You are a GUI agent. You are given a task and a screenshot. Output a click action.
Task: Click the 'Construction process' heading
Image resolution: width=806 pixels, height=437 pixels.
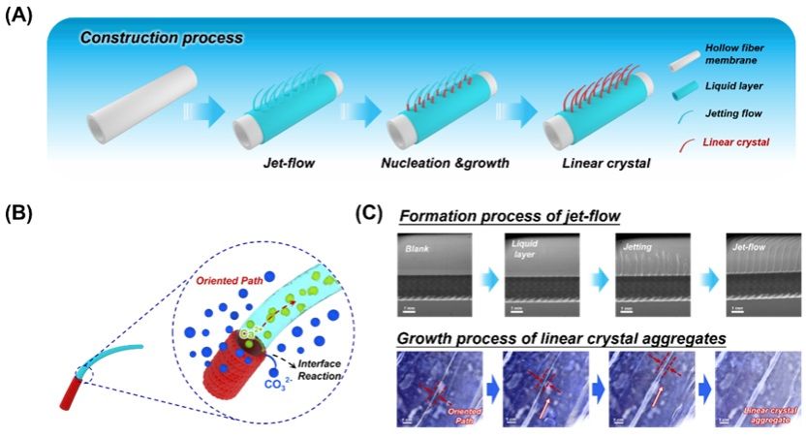(x=161, y=39)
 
